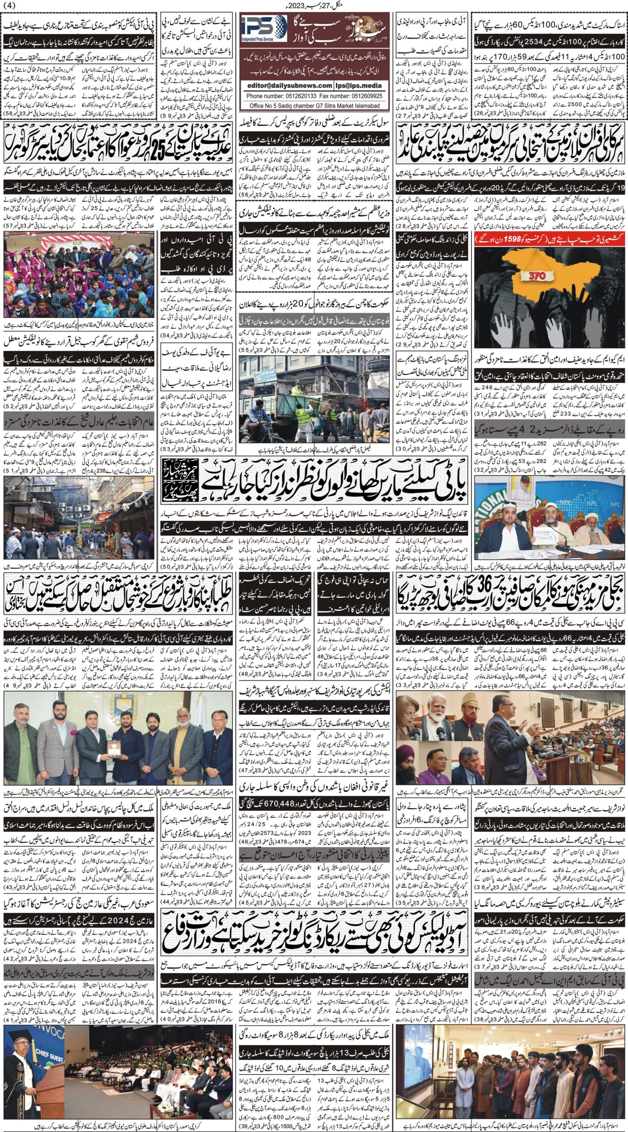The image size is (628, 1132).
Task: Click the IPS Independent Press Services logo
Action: coord(264,30)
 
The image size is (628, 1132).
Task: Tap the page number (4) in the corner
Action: coord(9,5)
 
